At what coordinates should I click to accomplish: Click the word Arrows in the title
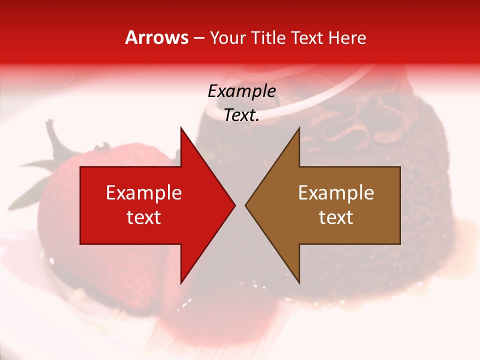click(x=157, y=37)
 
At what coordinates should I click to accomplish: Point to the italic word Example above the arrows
click(x=241, y=91)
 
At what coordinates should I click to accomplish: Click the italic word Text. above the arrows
click(x=241, y=115)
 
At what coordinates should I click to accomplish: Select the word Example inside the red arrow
click(x=144, y=192)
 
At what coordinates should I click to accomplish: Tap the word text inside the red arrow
click(x=144, y=217)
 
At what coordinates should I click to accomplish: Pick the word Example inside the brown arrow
click(x=336, y=192)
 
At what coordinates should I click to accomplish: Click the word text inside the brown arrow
click(x=336, y=217)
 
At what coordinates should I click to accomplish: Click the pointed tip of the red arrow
click(x=234, y=205)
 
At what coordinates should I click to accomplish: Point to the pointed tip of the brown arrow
click(x=246, y=205)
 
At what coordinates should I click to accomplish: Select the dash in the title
click(x=198, y=38)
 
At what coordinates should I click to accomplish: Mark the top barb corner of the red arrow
click(x=181, y=128)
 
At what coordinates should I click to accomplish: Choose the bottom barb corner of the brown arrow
click(x=299, y=283)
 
